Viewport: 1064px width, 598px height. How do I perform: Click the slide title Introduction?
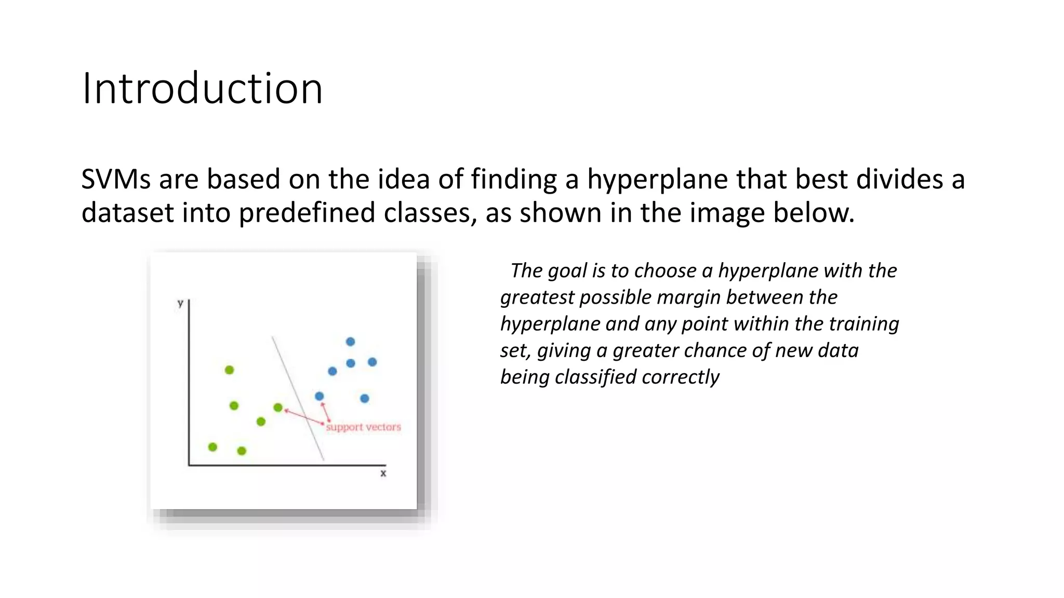pyautogui.click(x=202, y=89)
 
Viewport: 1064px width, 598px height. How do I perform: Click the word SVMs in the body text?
pyautogui.click(x=116, y=180)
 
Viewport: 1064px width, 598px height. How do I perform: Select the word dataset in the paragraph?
pyautogui.click(x=127, y=213)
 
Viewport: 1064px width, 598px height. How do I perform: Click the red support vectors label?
pyautogui.click(x=363, y=427)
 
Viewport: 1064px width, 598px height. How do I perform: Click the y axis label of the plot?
pyautogui.click(x=180, y=303)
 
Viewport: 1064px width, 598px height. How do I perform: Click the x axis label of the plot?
pyautogui.click(x=383, y=473)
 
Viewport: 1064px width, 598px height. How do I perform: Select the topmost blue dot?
pyautogui.click(x=350, y=342)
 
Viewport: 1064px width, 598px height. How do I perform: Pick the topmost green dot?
pyautogui.click(x=229, y=370)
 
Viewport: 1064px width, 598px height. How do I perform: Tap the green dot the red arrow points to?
pyautogui.click(x=278, y=407)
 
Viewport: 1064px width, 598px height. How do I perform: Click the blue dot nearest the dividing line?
pyautogui.click(x=320, y=396)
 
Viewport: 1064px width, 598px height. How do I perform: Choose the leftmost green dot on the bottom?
pyautogui.click(x=212, y=447)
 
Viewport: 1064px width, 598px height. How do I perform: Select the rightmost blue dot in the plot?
pyautogui.click(x=372, y=362)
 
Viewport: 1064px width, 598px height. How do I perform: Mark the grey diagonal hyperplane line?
pyautogui.click(x=298, y=399)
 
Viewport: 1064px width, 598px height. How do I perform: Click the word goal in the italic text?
pyautogui.click(x=567, y=271)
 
